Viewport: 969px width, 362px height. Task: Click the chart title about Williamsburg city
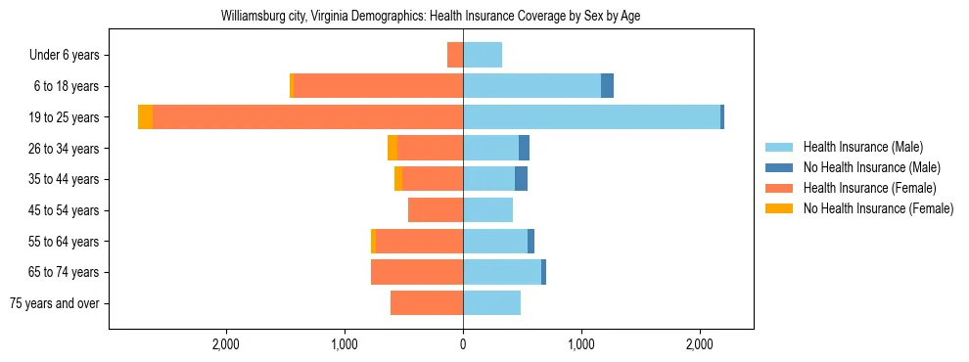[431, 17]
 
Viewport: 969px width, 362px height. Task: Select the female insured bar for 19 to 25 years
[307, 117]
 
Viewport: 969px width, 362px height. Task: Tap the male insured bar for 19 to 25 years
[591, 117]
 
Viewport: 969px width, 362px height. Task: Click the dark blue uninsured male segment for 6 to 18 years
[607, 86]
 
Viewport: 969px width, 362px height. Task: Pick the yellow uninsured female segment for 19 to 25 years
[145, 117]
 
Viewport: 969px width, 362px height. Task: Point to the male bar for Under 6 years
[483, 55]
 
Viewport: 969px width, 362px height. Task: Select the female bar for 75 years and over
[427, 303]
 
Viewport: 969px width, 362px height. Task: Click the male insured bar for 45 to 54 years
[487, 210]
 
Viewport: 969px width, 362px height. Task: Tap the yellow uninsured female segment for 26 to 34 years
[392, 148]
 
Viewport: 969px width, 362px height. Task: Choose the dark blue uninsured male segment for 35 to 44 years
[521, 179]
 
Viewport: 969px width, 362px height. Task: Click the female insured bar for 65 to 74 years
[417, 272]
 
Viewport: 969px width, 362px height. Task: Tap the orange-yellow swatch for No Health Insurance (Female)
[779, 208]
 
